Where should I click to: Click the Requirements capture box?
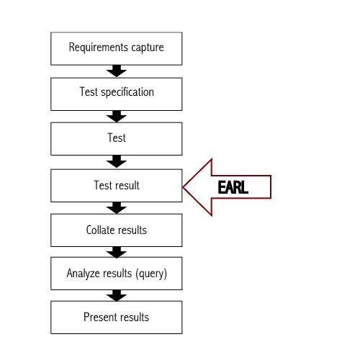coord(116,48)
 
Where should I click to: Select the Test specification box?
coord(116,93)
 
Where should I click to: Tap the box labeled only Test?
coord(116,138)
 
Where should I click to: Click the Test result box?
coord(116,186)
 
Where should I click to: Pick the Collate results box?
coord(116,230)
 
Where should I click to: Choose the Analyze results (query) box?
coord(116,274)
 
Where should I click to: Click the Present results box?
coord(116,318)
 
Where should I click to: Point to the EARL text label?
coord(234,187)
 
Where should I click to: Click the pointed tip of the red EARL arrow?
coord(184,187)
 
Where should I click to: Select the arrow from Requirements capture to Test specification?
coord(116,71)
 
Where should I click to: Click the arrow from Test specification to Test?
coord(116,115)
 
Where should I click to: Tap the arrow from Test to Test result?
coord(116,161)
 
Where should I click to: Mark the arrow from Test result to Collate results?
coord(116,208)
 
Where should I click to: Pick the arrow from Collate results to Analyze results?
coord(116,253)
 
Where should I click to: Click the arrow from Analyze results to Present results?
coord(116,296)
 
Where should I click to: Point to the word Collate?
coord(101,230)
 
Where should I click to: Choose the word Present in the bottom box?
coord(99,318)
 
